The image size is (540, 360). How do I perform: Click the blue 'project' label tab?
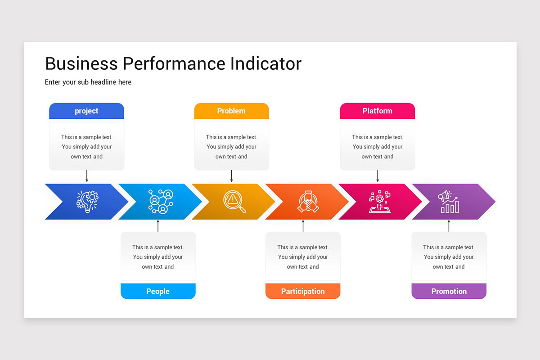click(x=86, y=111)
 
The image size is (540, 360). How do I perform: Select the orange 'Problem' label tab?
click(x=231, y=111)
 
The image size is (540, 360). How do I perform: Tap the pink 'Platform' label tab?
click(x=377, y=111)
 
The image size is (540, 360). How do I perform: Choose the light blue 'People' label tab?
click(x=158, y=291)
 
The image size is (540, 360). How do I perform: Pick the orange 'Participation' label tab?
click(x=303, y=291)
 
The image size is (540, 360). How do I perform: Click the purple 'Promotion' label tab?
click(x=449, y=291)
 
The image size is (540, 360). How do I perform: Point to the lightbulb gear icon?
click(x=87, y=201)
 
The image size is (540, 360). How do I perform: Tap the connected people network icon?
click(x=161, y=201)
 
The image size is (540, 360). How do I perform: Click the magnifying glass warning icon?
click(x=234, y=201)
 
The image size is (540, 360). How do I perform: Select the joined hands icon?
click(x=308, y=201)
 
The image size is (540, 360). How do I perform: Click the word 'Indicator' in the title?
click(x=265, y=63)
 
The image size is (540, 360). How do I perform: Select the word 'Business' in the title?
click(x=81, y=63)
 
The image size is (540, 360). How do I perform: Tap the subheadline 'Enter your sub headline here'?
click(x=88, y=82)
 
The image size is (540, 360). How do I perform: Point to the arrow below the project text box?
click(x=87, y=176)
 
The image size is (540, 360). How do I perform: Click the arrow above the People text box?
click(x=158, y=226)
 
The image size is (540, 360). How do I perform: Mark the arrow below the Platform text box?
click(x=378, y=176)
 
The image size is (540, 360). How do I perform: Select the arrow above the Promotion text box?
click(x=449, y=226)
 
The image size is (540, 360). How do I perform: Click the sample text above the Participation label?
click(x=303, y=257)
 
